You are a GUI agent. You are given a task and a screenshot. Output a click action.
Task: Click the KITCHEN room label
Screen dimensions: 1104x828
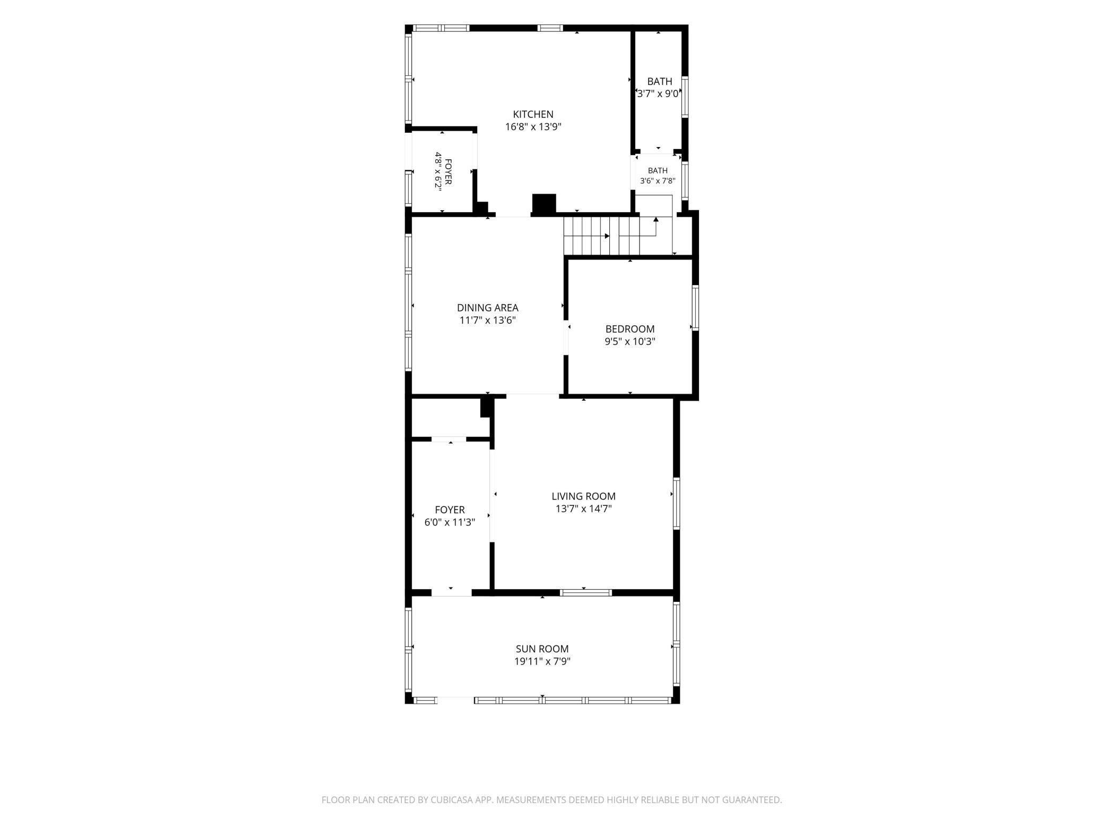[x=533, y=114]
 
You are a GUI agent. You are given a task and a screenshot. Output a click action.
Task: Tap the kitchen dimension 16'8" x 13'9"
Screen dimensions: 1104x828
[x=533, y=127]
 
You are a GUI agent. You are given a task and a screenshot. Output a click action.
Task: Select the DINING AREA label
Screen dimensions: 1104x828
[x=487, y=308]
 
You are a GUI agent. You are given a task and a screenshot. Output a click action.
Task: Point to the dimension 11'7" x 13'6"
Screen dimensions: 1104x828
[x=487, y=321]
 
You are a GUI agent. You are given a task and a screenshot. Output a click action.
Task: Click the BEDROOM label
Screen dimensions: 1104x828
[x=630, y=329]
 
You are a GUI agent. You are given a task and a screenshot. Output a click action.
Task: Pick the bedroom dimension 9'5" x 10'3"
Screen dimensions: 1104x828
[x=630, y=342]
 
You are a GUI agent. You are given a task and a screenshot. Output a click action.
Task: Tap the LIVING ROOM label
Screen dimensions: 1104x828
[x=583, y=496]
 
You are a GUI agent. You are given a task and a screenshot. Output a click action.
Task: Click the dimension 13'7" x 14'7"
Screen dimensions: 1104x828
[x=583, y=509]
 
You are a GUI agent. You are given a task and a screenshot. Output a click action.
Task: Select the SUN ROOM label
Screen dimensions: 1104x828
[x=542, y=649]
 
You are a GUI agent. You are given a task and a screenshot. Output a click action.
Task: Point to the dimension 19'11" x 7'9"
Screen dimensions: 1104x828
[x=542, y=661]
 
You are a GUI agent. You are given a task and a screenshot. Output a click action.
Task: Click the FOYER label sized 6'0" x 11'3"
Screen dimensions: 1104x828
[x=450, y=510]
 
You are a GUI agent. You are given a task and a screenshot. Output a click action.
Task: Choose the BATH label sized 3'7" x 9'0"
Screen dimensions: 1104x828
[x=659, y=82]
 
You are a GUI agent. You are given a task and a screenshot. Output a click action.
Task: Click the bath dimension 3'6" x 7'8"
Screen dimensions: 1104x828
[x=658, y=181]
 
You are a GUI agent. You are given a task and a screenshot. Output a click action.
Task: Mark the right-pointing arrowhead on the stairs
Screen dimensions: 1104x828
[x=607, y=236]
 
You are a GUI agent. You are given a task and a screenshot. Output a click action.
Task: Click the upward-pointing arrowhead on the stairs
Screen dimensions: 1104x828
[x=656, y=219]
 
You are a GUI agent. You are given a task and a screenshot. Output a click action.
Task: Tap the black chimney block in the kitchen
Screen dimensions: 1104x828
[x=544, y=205]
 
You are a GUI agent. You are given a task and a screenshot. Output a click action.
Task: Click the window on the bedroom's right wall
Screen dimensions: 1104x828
[x=695, y=308]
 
